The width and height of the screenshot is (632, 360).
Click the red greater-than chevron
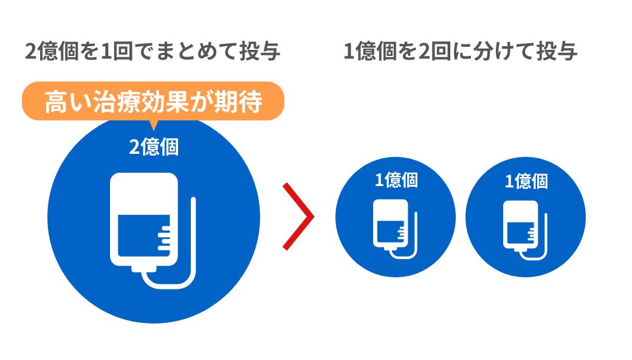[299, 216]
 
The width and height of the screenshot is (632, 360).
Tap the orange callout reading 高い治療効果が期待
[153, 102]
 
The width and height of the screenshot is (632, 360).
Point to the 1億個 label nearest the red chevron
[396, 180]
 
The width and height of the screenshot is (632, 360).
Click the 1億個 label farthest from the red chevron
[526, 181]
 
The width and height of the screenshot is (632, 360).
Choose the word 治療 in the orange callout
[120, 102]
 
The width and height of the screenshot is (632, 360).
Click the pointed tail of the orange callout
[153, 125]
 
